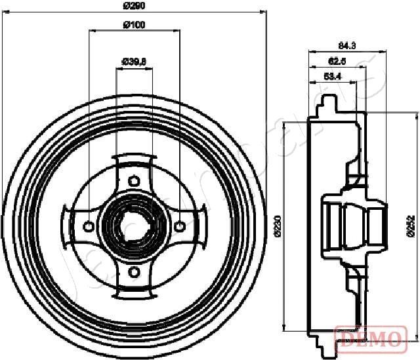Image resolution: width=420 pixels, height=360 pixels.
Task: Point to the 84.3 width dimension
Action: pyautogui.click(x=346, y=45)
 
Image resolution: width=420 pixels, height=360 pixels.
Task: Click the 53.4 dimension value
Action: pyautogui.click(x=333, y=77)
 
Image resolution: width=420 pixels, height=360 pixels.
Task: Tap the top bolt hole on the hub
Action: pyautogui.click(x=134, y=180)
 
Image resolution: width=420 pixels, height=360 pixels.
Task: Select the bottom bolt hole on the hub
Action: pyautogui.click(x=134, y=271)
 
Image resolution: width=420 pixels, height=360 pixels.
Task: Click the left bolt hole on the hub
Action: pyautogui.click(x=89, y=226)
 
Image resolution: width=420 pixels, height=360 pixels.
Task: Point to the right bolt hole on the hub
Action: pyautogui.click(x=179, y=226)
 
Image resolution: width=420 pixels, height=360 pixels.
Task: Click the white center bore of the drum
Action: pyautogui.click(x=134, y=226)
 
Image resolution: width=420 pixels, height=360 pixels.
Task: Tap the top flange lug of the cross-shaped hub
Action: pyautogui.click(x=134, y=160)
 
